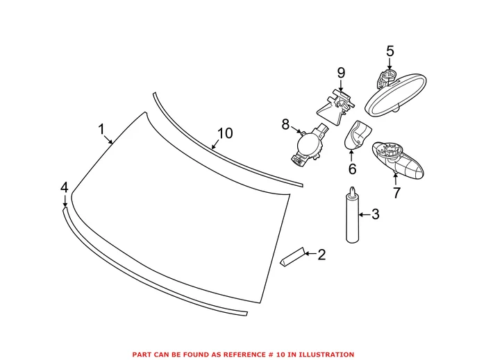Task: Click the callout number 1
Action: pos(101,129)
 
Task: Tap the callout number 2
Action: pos(321,255)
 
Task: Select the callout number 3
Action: pos(375,215)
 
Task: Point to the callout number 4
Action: pos(65,187)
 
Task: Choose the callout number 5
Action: pos(389,51)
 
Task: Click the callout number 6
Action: pos(352,169)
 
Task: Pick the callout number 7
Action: pos(396,193)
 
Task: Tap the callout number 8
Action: pos(285,125)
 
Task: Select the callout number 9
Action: pos(341,73)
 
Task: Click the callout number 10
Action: pos(224,133)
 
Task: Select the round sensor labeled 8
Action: pos(308,146)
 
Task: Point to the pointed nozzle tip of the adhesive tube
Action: pos(355,189)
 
